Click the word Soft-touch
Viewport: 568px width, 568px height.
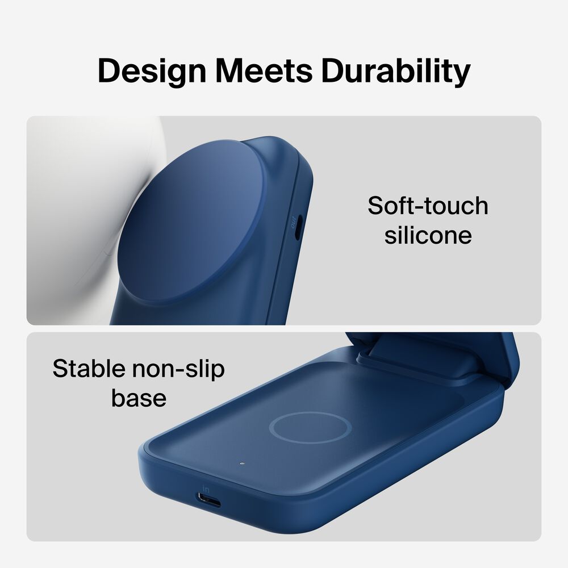[428, 206]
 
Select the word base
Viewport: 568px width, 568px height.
[139, 398]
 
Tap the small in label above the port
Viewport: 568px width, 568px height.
[206, 487]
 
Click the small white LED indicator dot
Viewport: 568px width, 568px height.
[242, 463]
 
